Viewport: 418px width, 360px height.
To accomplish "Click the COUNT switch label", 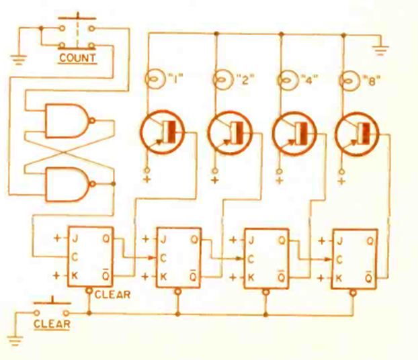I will pyautogui.click(x=77, y=57).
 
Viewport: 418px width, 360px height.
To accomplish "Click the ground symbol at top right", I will pyautogui.click(x=381, y=48).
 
